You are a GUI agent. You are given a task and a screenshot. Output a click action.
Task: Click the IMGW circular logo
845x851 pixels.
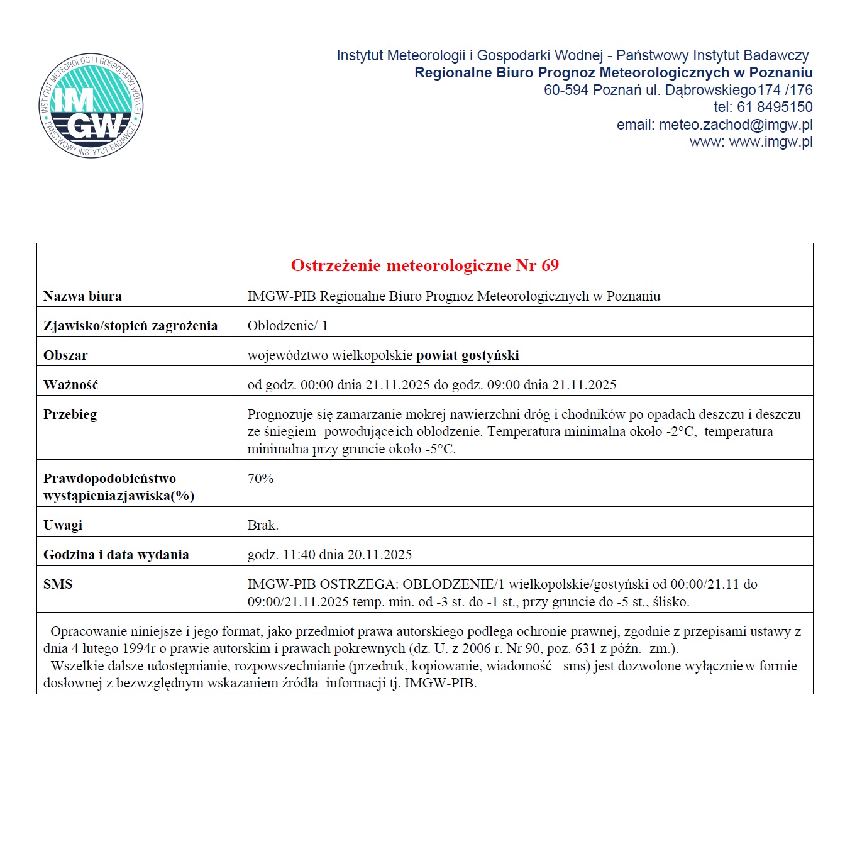click(91, 105)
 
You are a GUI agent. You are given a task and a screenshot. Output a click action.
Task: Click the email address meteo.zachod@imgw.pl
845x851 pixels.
click(736, 125)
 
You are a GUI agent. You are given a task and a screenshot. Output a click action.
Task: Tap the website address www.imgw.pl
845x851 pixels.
click(770, 142)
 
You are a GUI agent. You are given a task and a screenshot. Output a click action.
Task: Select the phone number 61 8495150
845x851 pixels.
click(775, 107)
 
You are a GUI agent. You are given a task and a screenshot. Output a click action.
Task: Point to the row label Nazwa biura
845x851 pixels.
click(82, 296)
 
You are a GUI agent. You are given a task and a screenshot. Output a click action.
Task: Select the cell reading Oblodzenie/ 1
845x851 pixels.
click(287, 326)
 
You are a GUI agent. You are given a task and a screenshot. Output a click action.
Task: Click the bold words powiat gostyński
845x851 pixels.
click(467, 355)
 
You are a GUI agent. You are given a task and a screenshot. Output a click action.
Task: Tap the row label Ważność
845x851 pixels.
click(70, 385)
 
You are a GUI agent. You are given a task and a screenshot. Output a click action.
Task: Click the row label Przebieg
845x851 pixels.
click(70, 414)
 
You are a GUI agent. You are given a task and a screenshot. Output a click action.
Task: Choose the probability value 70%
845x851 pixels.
click(260, 479)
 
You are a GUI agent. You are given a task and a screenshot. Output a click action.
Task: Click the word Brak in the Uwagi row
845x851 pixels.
click(262, 525)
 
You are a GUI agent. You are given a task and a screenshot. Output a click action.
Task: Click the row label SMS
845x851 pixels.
click(58, 584)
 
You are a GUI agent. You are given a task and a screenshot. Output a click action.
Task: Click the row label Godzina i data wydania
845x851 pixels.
click(116, 555)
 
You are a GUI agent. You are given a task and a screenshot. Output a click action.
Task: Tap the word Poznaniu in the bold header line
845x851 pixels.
click(781, 73)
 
